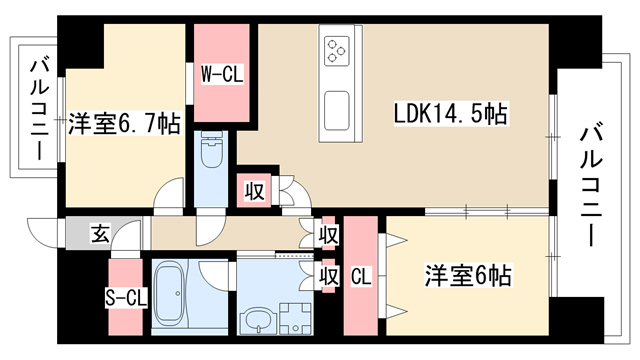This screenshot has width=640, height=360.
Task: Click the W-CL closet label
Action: click(x=222, y=75)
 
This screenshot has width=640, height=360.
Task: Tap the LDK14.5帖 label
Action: click(x=451, y=113)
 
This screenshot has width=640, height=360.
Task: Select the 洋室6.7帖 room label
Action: click(x=124, y=123)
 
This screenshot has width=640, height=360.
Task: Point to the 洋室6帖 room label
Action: click(x=468, y=276)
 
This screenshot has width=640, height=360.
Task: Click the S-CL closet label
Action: click(x=126, y=298)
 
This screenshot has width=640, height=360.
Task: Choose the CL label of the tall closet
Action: click(x=361, y=276)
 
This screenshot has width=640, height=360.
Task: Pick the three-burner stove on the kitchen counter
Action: click(x=337, y=51)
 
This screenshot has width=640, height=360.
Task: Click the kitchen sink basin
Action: click(x=337, y=109)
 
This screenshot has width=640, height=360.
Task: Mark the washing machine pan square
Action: click(x=295, y=319)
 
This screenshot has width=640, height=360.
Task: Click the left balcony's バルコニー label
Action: click(x=40, y=110)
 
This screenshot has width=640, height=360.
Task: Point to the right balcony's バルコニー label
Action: click(x=591, y=187)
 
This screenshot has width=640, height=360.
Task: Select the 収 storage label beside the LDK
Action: click(x=254, y=191)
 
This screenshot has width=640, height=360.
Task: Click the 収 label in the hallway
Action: click(x=329, y=235)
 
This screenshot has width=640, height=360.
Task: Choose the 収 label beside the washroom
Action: click(x=329, y=276)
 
